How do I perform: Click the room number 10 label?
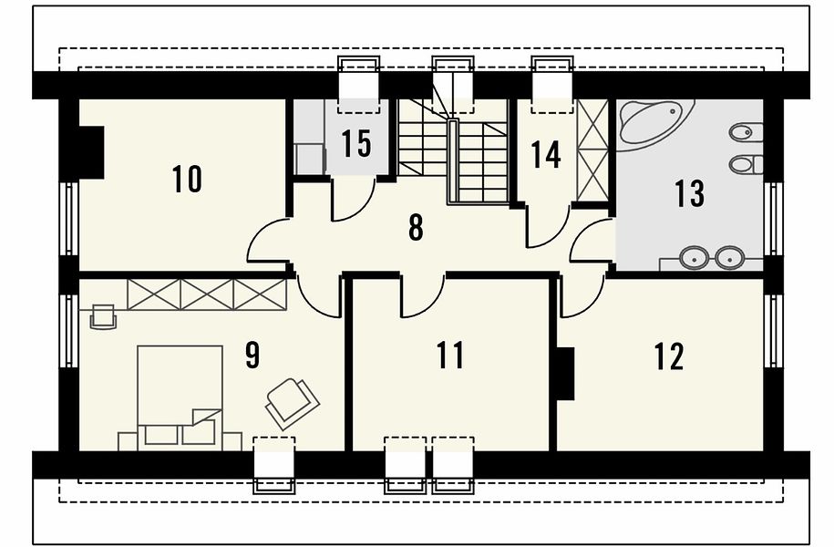pyautogui.click(x=187, y=179)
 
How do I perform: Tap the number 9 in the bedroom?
pyautogui.click(x=252, y=356)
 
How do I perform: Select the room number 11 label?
pyautogui.click(x=450, y=356)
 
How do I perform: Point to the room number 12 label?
pyautogui.click(x=669, y=356)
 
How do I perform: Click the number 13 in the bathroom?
pyautogui.click(x=690, y=193)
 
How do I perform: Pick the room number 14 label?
pyautogui.click(x=546, y=155)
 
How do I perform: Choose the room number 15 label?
pyautogui.click(x=355, y=144)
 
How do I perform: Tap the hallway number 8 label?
pyautogui.click(x=416, y=228)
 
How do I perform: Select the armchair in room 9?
pyautogui.click(x=292, y=403)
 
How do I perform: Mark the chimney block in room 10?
pyautogui.click(x=91, y=152)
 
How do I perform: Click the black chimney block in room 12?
pyautogui.click(x=565, y=374)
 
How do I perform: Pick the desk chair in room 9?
pyautogui.click(x=103, y=317)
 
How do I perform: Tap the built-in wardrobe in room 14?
pyautogui.click(x=592, y=150)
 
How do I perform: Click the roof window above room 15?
pyautogui.click(x=359, y=84)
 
